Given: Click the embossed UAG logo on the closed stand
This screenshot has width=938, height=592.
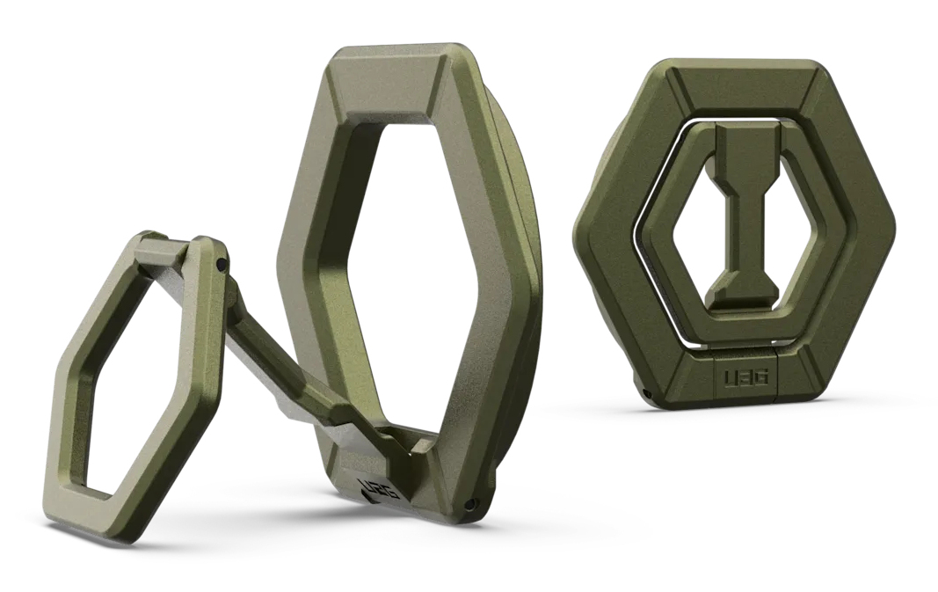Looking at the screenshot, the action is click(x=746, y=378).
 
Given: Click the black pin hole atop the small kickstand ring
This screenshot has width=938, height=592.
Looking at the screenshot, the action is click(x=222, y=261).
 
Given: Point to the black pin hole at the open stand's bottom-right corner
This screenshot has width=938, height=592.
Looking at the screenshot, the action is click(x=472, y=502).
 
